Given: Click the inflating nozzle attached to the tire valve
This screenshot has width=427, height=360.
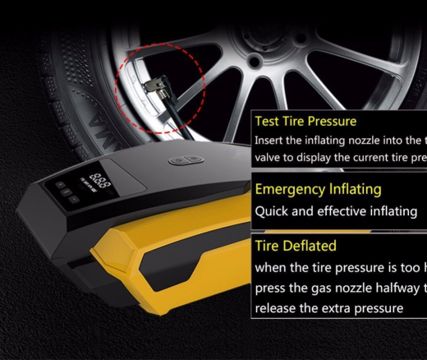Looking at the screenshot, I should (x=154, y=85).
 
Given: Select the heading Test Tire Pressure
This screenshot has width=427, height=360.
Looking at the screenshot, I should (x=306, y=122).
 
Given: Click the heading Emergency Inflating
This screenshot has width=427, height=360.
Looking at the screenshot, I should (x=318, y=189).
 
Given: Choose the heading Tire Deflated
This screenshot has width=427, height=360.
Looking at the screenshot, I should (x=296, y=246).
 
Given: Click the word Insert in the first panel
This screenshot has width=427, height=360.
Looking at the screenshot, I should (x=272, y=140).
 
